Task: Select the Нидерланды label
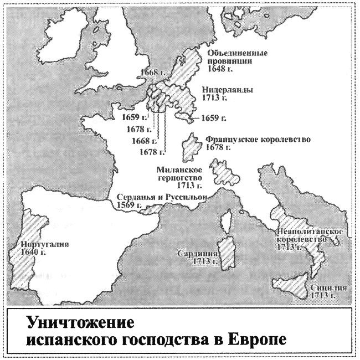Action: pos(228,90)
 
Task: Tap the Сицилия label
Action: pos(329,288)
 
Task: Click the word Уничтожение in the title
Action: pos(70,322)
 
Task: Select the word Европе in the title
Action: pos(257,338)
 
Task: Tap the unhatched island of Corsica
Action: pos(226,222)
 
